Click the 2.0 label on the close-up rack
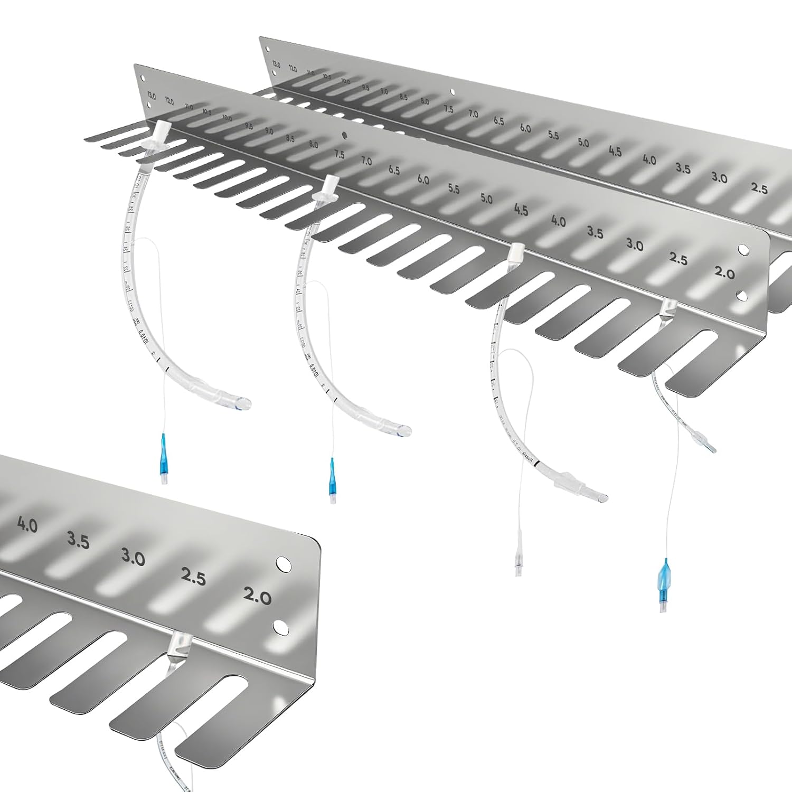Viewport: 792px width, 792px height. point(257,596)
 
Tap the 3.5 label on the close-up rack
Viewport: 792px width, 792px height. point(78,541)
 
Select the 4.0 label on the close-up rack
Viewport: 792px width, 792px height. point(27,524)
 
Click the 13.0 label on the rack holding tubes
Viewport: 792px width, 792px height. point(152,96)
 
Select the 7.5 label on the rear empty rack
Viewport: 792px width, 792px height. point(448,109)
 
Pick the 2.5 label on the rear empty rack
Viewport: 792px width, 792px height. point(759,188)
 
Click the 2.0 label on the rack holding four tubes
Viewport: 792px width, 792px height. point(724,273)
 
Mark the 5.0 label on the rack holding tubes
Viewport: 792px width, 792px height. point(486,199)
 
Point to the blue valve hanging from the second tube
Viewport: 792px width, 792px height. point(332,471)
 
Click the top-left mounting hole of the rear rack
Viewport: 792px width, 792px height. point(268,49)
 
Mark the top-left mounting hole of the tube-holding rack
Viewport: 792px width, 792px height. point(142,78)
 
